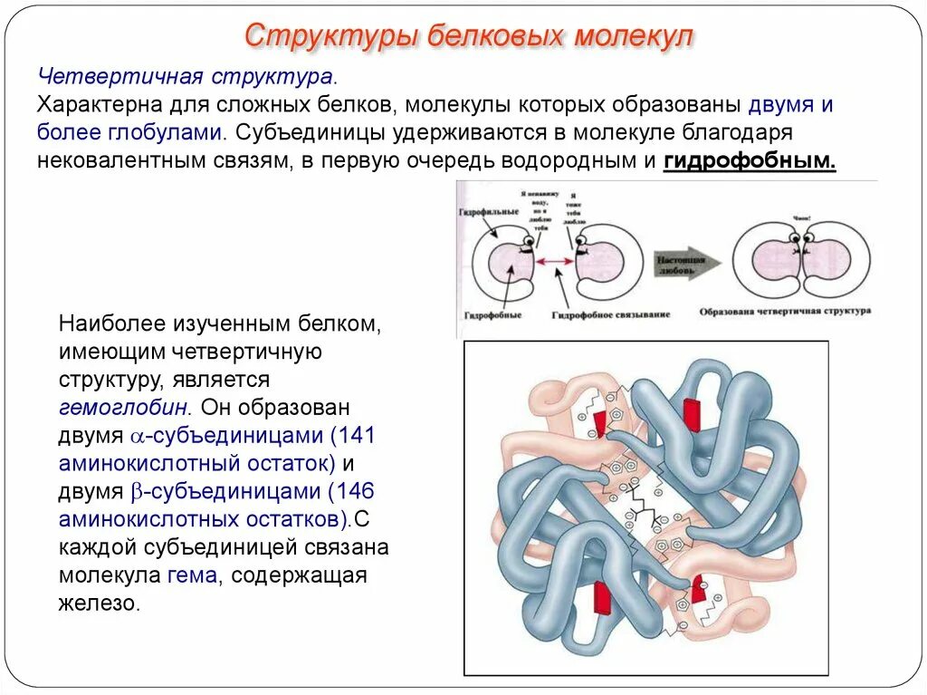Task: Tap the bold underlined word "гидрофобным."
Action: (750, 160)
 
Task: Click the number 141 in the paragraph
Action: (358, 434)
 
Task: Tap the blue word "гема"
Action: (192, 575)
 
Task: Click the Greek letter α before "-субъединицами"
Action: (138, 436)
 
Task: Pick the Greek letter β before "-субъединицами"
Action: (138, 492)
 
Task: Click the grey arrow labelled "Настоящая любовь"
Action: (686, 264)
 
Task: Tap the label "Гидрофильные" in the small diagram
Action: (488, 212)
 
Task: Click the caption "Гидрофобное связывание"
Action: (611, 314)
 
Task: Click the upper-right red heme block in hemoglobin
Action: (692, 412)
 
